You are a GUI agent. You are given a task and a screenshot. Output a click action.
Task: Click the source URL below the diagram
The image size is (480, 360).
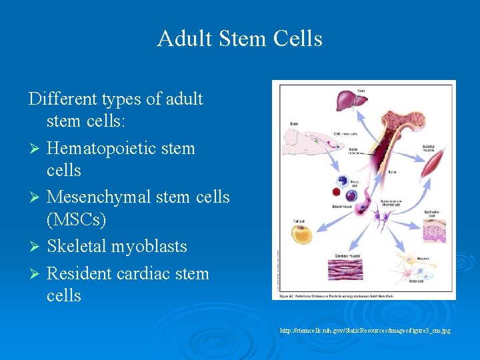(365, 330)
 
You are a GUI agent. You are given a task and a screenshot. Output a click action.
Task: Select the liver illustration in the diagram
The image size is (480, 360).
(353, 104)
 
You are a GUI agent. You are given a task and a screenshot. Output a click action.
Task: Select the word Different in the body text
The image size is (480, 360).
(63, 99)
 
